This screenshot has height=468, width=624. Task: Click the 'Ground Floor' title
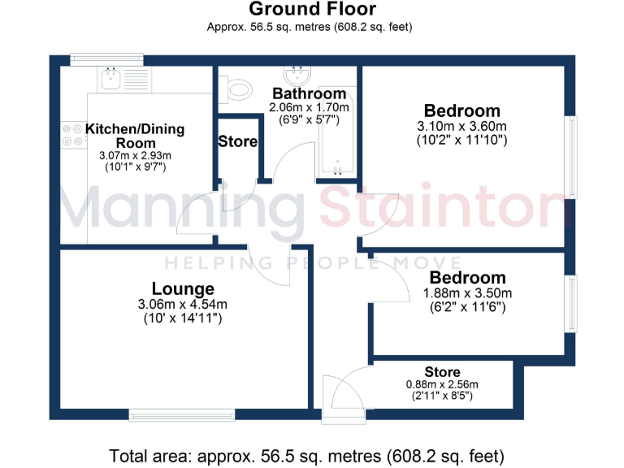312,10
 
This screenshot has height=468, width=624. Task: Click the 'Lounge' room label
183,289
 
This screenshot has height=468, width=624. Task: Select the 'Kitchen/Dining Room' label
135,136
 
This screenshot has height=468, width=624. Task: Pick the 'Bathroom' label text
310,93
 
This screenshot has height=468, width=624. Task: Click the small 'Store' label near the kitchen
237,141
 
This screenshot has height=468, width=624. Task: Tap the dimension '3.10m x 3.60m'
461,126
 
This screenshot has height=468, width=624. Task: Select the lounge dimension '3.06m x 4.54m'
183,305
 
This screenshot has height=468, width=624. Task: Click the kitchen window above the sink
106,58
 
